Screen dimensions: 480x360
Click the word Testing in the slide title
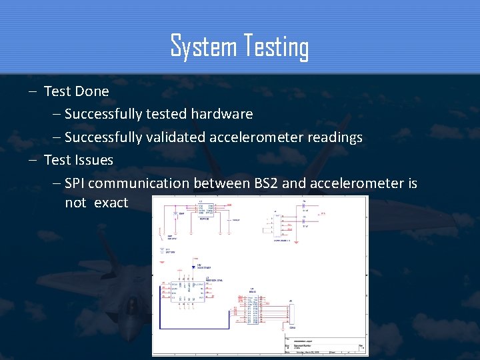pyautogui.click(x=274, y=48)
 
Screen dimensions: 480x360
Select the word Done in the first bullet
pyautogui.click(x=92, y=91)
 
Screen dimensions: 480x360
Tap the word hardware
pyautogui.click(x=222, y=114)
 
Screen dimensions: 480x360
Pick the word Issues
pyautogui.click(x=95, y=160)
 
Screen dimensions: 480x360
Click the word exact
pyautogui.click(x=111, y=203)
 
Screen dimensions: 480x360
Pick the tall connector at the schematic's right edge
pyautogui.click(x=291, y=313)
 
